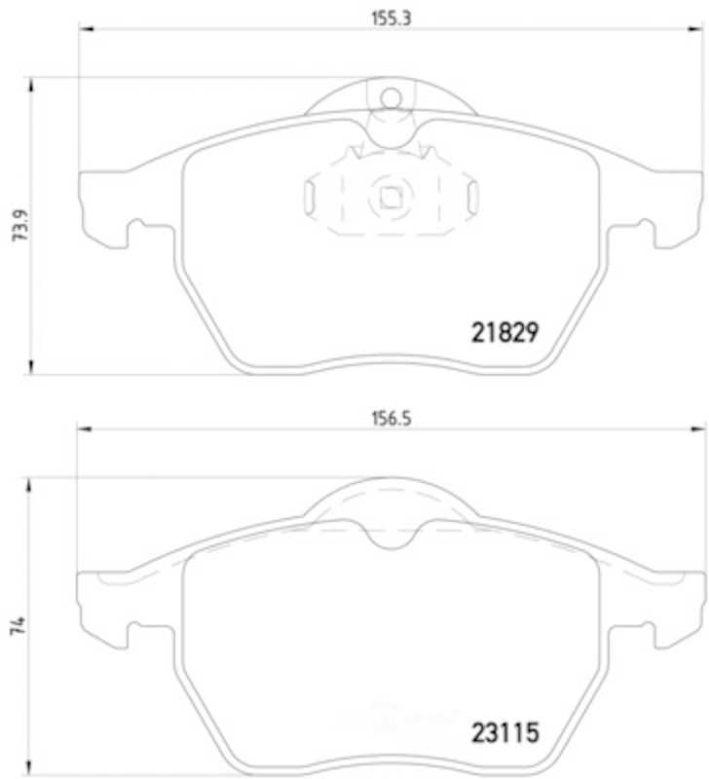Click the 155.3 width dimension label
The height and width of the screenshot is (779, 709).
392,19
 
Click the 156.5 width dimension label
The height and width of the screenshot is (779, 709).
392,419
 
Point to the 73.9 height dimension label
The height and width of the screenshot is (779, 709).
19,225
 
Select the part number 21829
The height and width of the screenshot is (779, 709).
504,332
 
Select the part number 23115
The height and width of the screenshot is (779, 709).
504,733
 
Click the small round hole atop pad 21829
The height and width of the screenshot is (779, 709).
391,98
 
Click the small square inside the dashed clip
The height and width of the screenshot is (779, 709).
391,198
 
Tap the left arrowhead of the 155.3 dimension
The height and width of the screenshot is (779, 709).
86,29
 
